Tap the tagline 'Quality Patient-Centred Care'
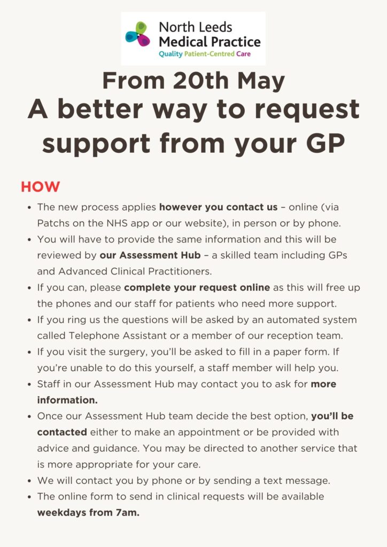[204, 54]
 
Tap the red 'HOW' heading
[41, 187]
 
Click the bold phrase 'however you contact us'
[218, 207]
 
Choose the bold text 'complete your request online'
[197, 288]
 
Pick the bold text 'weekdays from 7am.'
[88, 513]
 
